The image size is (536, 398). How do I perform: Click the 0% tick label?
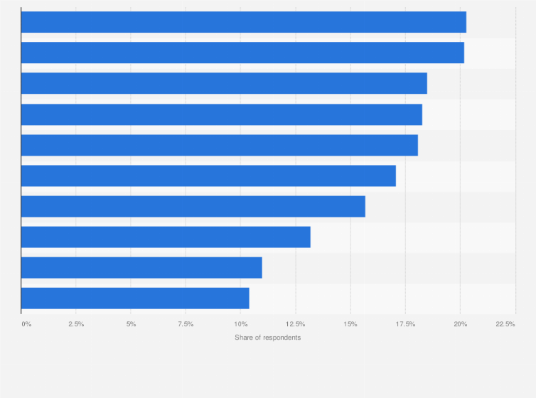pos(26,324)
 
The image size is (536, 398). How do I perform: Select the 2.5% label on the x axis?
pos(76,324)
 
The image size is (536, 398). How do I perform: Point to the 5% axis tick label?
pos(131,324)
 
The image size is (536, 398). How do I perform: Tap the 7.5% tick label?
pos(186,324)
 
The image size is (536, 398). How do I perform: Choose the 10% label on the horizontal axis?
pos(240,324)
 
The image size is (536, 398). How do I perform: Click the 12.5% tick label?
pos(296,324)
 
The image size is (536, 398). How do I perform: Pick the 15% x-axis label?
pos(350,324)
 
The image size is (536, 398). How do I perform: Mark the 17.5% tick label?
pos(405,324)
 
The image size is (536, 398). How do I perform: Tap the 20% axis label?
pos(460,324)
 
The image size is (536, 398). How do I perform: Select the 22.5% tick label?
pos(505,324)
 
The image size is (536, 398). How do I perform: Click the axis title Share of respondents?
pos(268,337)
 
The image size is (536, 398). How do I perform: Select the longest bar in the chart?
pos(244,22)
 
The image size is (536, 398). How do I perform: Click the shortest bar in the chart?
pos(135,298)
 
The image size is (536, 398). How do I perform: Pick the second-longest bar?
pos(242,53)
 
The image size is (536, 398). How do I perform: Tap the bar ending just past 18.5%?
pos(224,83)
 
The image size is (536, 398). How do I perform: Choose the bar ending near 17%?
pos(208,176)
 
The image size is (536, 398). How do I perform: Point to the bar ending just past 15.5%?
pos(193,206)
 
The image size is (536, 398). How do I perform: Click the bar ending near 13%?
pos(166,237)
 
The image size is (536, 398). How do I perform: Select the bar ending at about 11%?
pos(141,267)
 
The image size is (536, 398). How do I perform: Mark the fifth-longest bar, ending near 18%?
pos(220,145)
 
